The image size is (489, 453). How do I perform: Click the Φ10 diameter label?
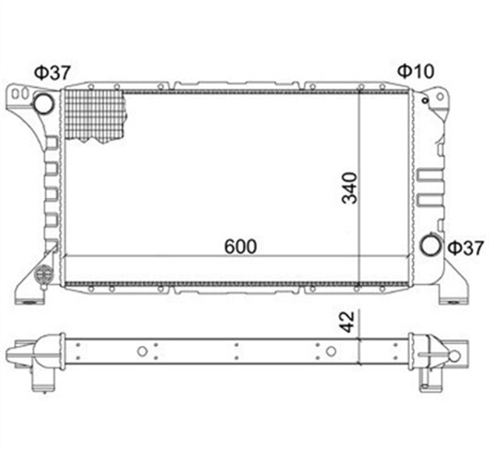(x=415, y=72)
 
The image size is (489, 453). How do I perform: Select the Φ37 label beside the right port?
(x=465, y=248)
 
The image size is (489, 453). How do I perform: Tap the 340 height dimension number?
(x=349, y=188)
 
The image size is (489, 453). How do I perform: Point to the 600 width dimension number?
(x=240, y=247)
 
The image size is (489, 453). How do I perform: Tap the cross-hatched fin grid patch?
(x=96, y=115)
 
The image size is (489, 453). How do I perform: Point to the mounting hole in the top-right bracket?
(x=425, y=97)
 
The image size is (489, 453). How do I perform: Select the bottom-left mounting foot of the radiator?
(x=29, y=293)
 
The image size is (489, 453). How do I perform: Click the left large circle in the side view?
(x=142, y=351)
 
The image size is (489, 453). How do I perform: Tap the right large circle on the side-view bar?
(x=330, y=351)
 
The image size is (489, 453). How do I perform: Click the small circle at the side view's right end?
(x=455, y=356)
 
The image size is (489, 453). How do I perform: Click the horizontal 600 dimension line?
(x=214, y=257)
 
